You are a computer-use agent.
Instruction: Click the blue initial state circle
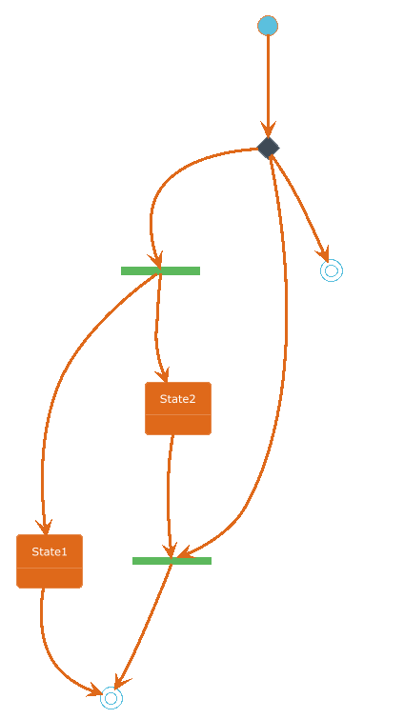pyautogui.click(x=268, y=25)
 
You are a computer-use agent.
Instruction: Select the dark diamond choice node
pyautogui.click(x=269, y=148)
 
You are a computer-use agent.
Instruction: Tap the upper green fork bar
pyautogui.click(x=160, y=270)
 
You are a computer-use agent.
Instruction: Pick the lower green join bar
pyautogui.click(x=172, y=561)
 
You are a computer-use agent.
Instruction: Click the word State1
pyautogui.click(x=50, y=551)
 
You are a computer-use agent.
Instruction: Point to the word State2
pyautogui.click(x=178, y=399)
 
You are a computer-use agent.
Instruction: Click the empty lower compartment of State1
pyautogui.click(x=50, y=578)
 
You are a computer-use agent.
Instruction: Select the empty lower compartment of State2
pyautogui.click(x=178, y=425)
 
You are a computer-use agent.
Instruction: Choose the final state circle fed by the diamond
pyautogui.click(x=332, y=270)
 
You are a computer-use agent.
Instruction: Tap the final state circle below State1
pyautogui.click(x=111, y=698)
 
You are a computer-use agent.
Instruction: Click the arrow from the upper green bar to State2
pyautogui.click(x=157, y=328)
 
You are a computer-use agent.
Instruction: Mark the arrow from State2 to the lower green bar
pyautogui.click(x=169, y=495)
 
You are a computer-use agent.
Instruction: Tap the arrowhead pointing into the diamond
pyautogui.click(x=269, y=130)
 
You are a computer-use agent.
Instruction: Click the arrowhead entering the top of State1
pyautogui.click(x=45, y=528)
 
